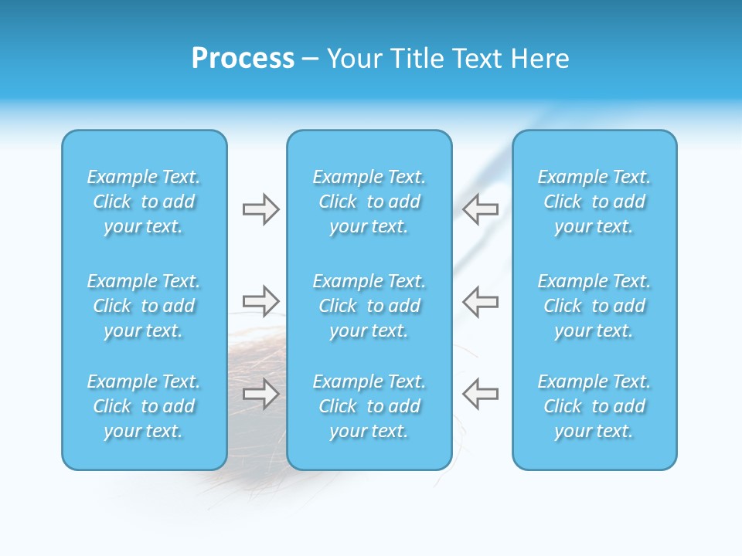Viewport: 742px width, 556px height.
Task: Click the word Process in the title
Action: pos(243,58)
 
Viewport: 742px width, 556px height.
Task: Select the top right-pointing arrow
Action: pos(260,208)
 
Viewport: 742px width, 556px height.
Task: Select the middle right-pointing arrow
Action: pos(260,300)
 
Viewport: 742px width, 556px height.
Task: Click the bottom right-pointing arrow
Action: pos(260,393)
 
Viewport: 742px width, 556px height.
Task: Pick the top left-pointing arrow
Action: pos(481,208)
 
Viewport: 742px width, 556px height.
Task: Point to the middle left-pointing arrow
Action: pos(481,300)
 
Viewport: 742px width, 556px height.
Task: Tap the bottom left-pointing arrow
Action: pos(481,393)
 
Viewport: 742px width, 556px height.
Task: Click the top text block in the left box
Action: pos(144,202)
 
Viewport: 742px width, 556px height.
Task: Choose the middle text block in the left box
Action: pos(144,306)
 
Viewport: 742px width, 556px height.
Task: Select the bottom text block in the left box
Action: pos(144,406)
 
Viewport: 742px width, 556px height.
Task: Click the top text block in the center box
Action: pos(369,202)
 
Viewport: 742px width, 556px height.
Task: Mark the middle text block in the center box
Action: pos(369,306)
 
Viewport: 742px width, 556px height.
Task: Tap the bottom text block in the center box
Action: pos(369,406)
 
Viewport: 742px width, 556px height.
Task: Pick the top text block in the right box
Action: pos(594,202)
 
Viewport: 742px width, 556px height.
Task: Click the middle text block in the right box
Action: pos(594,306)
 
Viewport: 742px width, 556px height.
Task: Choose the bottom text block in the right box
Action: pos(594,406)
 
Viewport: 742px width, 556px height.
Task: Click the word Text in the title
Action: pos(477,58)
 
